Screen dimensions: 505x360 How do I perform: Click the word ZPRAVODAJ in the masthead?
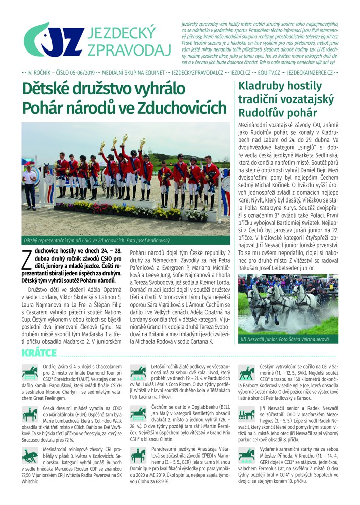[129, 49]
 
